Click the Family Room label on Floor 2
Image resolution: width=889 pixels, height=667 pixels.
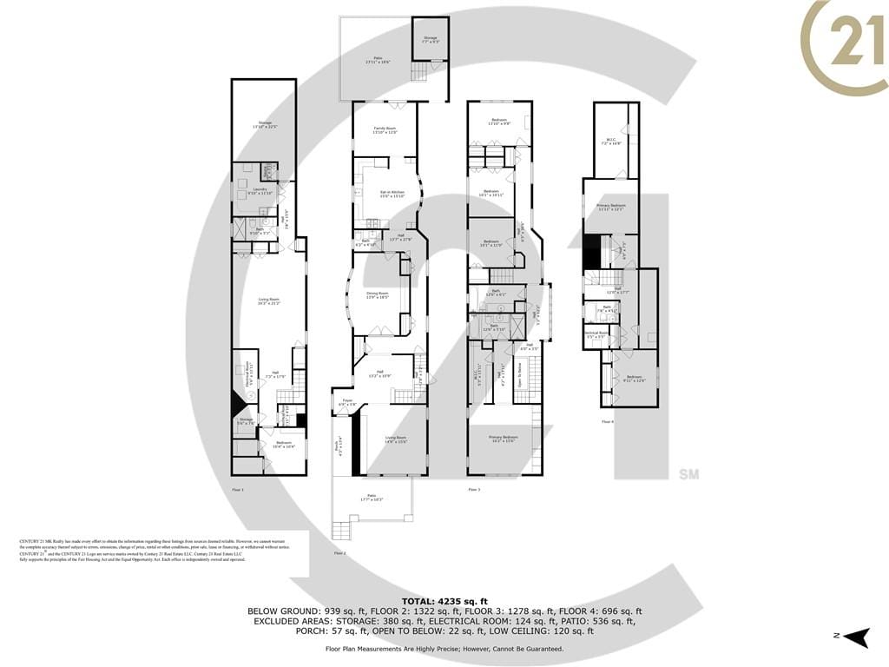pos(385,129)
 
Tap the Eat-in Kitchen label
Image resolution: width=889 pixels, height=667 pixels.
pos(392,193)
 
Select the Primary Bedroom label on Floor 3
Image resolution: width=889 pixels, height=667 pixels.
pos(504,439)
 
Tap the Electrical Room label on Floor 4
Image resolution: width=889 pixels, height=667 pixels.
pos(596,333)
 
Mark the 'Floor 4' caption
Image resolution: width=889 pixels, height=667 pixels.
pos(607,421)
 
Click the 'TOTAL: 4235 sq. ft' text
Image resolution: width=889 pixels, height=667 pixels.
pos(444,601)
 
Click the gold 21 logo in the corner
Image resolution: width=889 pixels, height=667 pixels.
pos(844,43)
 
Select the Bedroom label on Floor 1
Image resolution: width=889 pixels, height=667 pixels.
pos(284,444)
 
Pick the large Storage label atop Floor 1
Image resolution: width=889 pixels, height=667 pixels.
pos(263,125)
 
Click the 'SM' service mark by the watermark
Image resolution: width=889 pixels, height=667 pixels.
pos(688,475)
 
